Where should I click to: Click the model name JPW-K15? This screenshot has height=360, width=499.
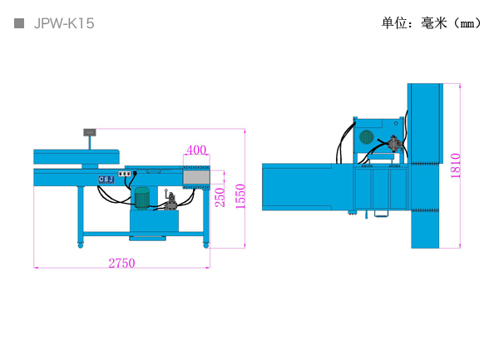pos(64,23)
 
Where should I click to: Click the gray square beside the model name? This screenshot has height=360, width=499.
pos(19,23)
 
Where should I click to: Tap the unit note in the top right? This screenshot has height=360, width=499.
pos(431,23)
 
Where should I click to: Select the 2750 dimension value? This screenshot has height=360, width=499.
pos(122,263)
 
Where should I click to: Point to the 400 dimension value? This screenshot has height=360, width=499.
pos(196,150)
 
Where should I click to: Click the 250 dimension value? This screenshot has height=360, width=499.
pos(220,197)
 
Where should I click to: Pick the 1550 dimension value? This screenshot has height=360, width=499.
pos(240,196)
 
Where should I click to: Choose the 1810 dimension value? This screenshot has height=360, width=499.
pos(456,165)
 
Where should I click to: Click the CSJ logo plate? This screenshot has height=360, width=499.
pos(106,180)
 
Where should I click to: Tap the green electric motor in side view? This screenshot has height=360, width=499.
pos(142,198)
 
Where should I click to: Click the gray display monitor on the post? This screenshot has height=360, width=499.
pos(90,132)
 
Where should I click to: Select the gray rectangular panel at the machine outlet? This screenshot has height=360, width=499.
pos(196,177)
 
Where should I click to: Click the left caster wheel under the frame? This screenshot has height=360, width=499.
pos(81,245)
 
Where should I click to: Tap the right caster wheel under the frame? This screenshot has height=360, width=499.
pos(206,245)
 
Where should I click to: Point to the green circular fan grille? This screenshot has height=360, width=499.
pos(366,136)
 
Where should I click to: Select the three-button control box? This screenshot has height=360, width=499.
pos(125,174)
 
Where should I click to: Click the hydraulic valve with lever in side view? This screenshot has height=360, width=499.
pos(170,200)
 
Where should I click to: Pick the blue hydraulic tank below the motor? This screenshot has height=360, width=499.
pos(154,221)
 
